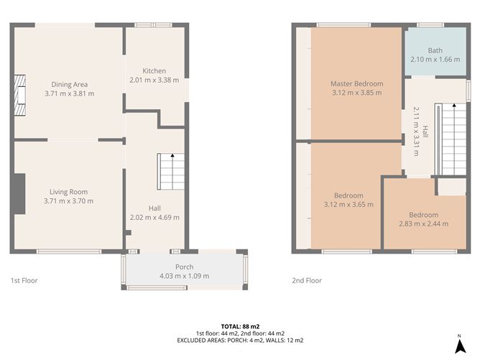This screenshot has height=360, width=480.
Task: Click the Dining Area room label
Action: (x=70, y=85)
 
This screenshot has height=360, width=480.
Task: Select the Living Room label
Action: (x=69, y=191)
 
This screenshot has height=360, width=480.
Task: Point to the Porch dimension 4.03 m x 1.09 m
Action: (x=184, y=276)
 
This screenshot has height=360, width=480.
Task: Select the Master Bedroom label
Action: (x=357, y=83)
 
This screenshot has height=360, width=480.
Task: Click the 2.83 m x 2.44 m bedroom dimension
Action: (x=423, y=223)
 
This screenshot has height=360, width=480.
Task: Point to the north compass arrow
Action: (x=458, y=346)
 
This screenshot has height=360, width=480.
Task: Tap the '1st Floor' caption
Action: (x=24, y=281)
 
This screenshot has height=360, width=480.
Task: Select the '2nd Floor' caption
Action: (x=307, y=281)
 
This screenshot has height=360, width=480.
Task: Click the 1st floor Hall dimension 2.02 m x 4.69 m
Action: (x=154, y=217)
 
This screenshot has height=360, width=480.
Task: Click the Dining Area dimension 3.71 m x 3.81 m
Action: (x=70, y=93)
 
